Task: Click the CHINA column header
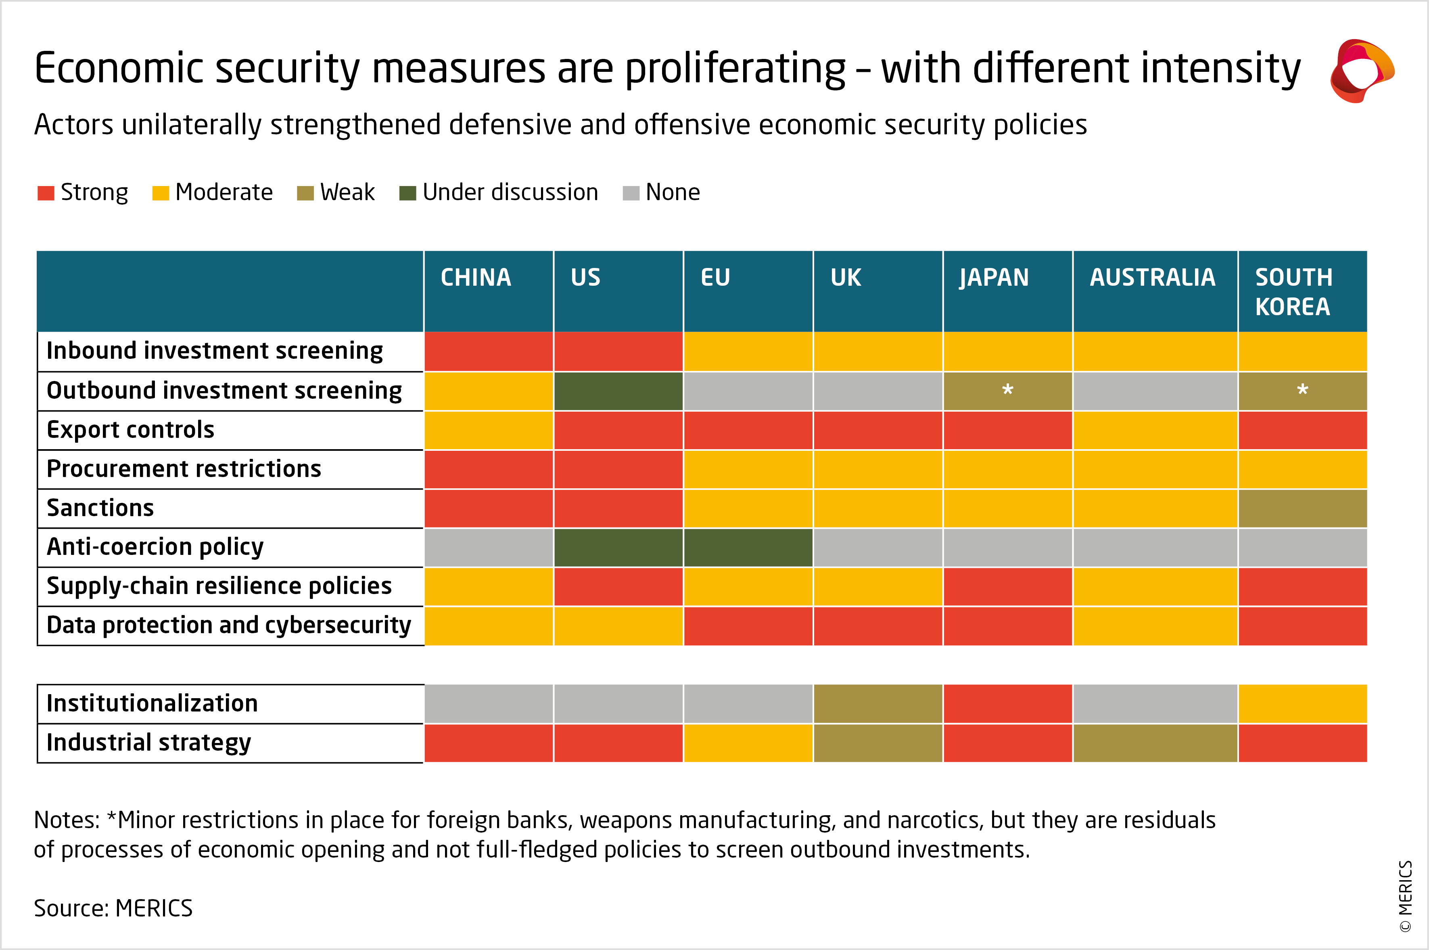(x=476, y=278)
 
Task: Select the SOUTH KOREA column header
(x=1293, y=292)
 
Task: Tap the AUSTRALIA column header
(x=1152, y=278)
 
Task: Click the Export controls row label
(x=131, y=429)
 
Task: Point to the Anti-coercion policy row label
(x=155, y=546)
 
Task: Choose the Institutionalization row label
(x=152, y=703)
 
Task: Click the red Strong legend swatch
(x=46, y=193)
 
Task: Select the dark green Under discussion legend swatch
(x=407, y=193)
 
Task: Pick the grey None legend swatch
(x=631, y=193)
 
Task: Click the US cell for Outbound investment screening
(x=618, y=391)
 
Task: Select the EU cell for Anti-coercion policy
(x=748, y=547)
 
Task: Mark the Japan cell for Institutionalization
(x=1007, y=703)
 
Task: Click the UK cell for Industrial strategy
(x=878, y=743)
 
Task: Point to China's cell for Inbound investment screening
(x=489, y=352)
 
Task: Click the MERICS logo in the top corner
(x=1362, y=71)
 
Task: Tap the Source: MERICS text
(x=113, y=908)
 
